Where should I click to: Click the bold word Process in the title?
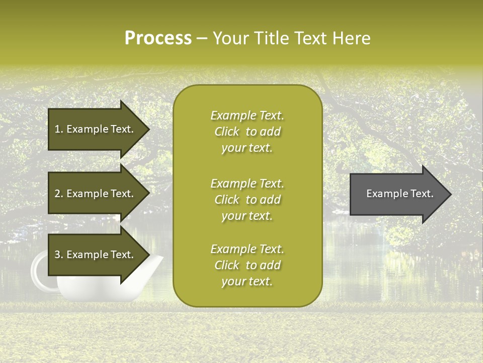(x=158, y=38)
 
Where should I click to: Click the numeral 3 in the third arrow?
(x=57, y=255)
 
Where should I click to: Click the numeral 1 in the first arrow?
(x=57, y=129)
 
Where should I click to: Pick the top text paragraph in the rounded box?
(x=247, y=132)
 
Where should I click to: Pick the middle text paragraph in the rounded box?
(x=247, y=200)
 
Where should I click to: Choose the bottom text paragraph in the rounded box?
(x=247, y=265)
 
